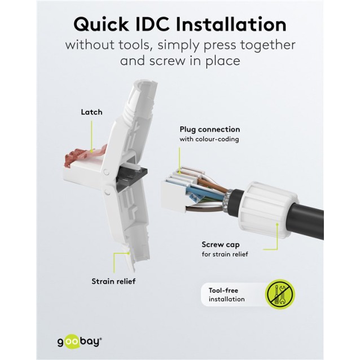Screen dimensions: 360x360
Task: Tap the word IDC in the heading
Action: [x=164, y=25]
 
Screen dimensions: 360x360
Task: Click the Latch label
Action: [x=91, y=112]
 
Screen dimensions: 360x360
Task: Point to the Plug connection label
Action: [x=210, y=129]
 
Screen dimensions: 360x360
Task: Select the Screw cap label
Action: [x=221, y=244]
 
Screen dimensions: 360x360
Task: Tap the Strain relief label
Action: [x=113, y=280]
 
